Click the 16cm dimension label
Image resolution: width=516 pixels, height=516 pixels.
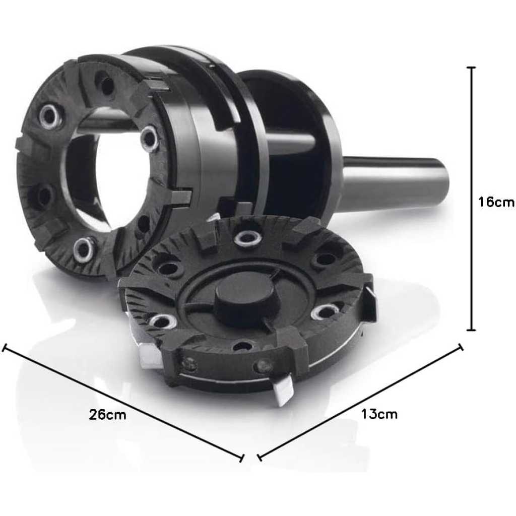[x=496, y=202]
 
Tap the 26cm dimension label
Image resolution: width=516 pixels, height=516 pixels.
[x=107, y=414]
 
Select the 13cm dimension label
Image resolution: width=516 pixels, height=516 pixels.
[x=379, y=414]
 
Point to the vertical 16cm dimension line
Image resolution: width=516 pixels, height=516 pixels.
[x=471, y=199]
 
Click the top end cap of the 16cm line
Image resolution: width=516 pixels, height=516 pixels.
[x=471, y=67]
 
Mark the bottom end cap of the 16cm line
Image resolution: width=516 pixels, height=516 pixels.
[x=471, y=330]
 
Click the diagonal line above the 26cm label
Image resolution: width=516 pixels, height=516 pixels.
[x=123, y=402]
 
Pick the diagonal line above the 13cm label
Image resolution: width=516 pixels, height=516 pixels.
[x=360, y=401]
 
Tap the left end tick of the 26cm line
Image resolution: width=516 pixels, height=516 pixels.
[x=4, y=347]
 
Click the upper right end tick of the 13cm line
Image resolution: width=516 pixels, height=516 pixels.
[x=461, y=348]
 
